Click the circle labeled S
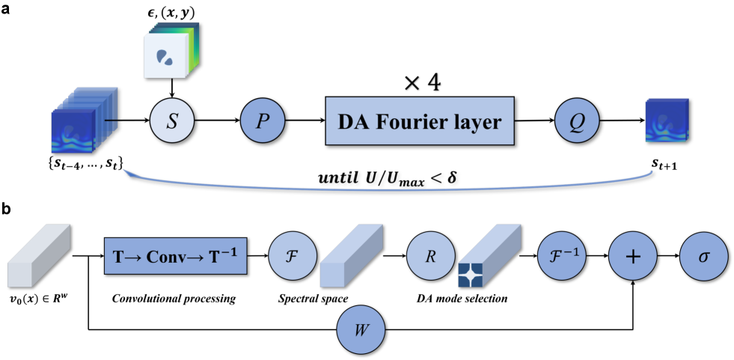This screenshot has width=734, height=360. point(172,121)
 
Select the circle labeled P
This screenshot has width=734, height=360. point(262,121)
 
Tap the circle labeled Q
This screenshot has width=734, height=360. point(578,121)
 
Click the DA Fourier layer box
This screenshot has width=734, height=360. point(419,121)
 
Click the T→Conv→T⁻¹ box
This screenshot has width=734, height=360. point(175,256)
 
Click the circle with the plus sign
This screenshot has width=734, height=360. point(632,256)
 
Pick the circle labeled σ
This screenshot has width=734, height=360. point(703,256)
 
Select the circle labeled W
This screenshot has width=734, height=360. point(360,329)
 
